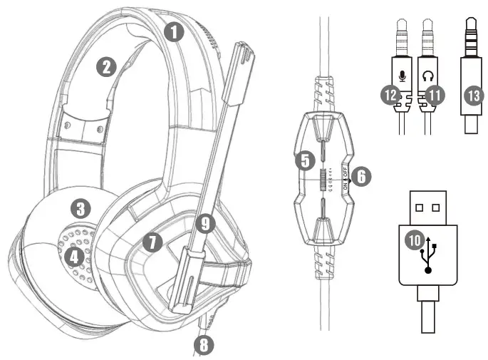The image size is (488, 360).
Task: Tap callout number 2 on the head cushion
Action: tap(106, 67)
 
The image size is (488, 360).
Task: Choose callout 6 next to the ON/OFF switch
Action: tap(361, 177)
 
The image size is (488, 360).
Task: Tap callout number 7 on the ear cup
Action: tap(150, 241)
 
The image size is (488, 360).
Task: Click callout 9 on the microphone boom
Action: tap(205, 224)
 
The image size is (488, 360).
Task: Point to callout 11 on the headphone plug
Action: tap(431, 93)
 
